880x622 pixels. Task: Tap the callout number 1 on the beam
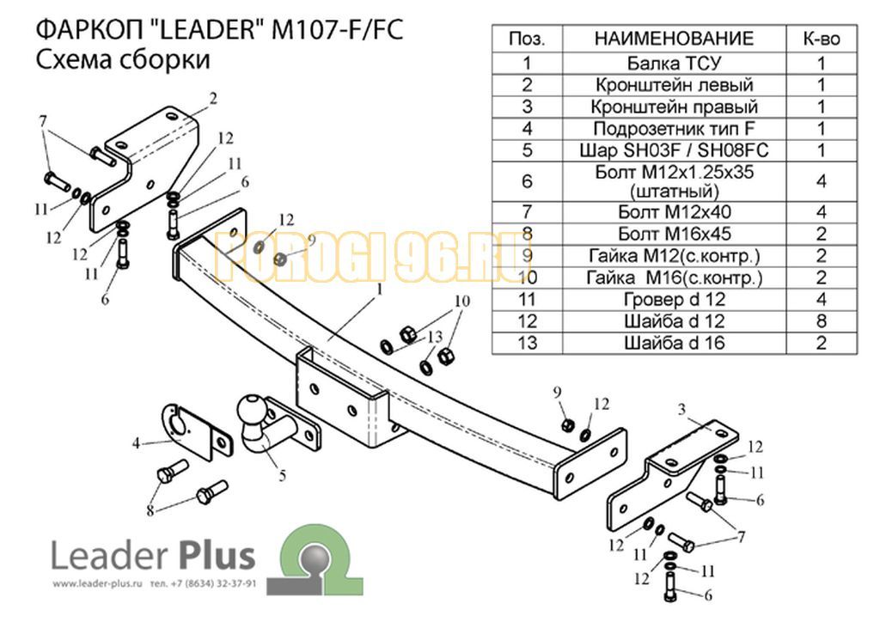(x=379, y=290)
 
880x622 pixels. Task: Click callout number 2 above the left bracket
(x=213, y=99)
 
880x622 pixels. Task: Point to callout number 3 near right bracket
(x=681, y=409)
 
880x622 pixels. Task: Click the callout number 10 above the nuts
(x=461, y=302)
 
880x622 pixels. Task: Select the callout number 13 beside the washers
(x=435, y=337)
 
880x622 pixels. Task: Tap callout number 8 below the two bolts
(x=150, y=510)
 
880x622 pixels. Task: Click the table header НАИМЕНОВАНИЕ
(x=674, y=38)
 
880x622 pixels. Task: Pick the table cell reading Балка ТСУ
(x=674, y=63)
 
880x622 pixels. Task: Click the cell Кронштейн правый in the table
(x=674, y=107)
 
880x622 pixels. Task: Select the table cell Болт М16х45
(x=674, y=234)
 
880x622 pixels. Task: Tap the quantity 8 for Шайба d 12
(x=822, y=320)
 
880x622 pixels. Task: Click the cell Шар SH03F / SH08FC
(x=674, y=150)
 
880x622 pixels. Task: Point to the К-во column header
(x=822, y=38)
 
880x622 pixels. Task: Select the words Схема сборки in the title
(x=123, y=59)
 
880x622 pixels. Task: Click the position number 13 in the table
(x=527, y=343)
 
